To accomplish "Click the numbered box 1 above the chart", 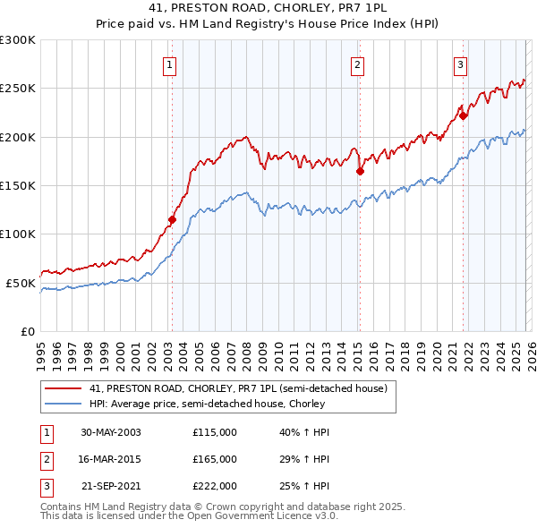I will pos(170,64).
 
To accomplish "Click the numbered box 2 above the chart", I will pos(357,64).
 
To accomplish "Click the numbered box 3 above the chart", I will pos(460,64).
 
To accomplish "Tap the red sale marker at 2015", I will pos(359,171).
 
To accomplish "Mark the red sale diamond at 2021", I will pos(464,115).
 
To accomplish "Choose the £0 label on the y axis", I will pos(27,331).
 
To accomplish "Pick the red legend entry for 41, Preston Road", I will pos(237,389).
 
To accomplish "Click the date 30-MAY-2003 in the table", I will pos(110,432).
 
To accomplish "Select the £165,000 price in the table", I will pos(215,459).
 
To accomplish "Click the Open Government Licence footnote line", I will pos(176,517).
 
